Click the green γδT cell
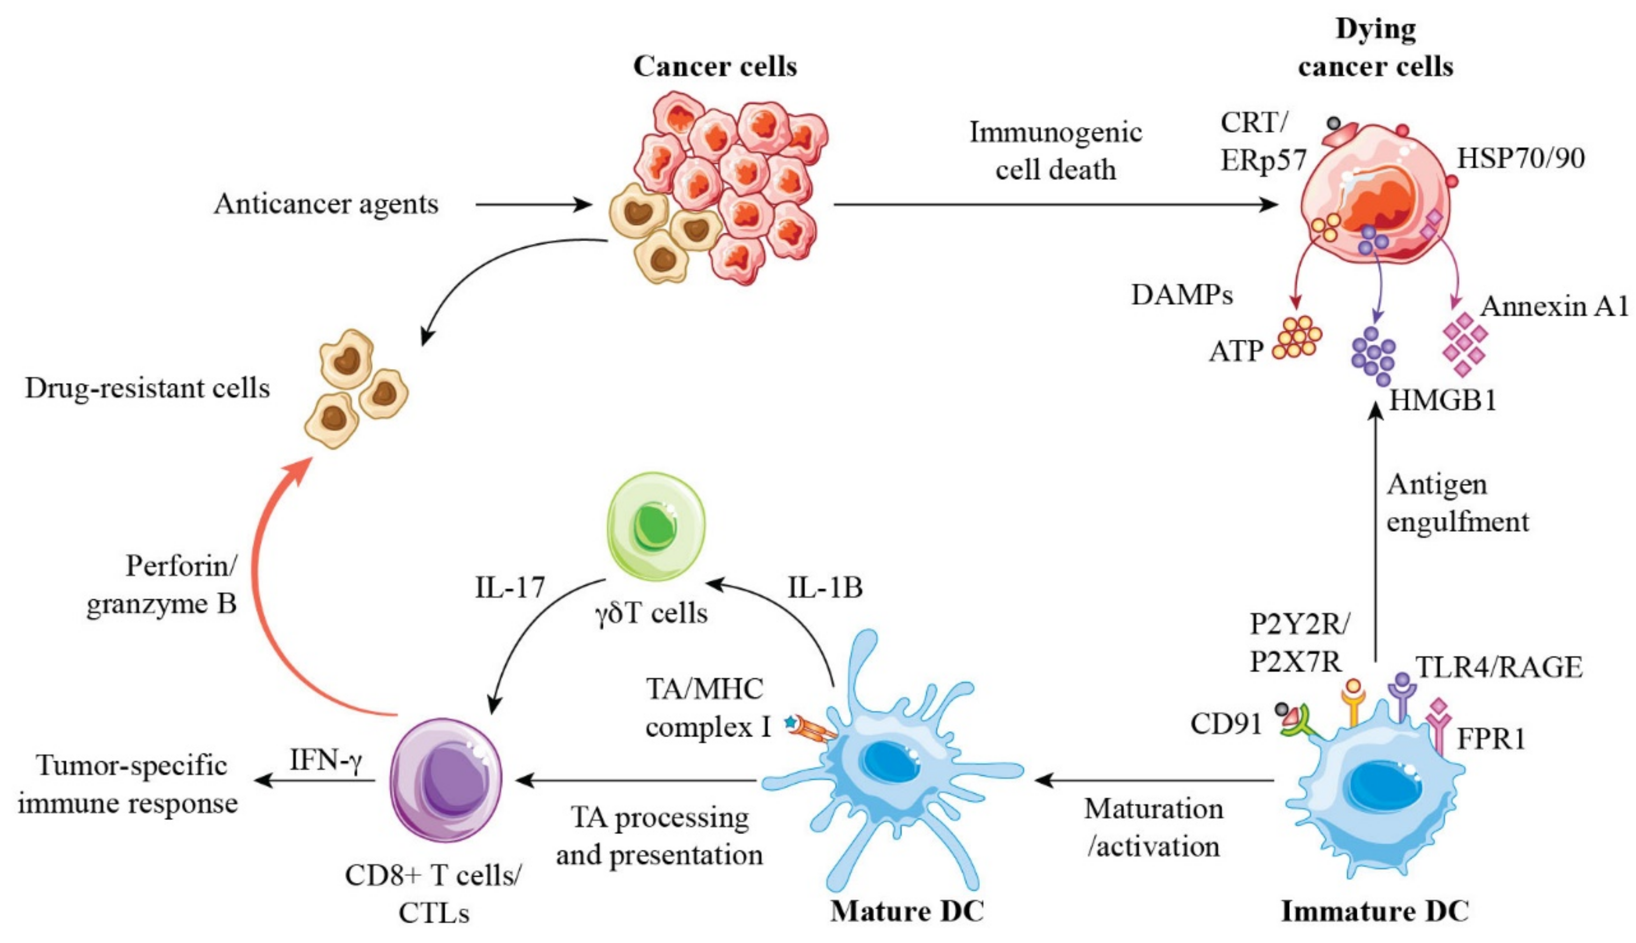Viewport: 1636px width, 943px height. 655,526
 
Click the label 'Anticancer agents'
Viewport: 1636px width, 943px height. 326,204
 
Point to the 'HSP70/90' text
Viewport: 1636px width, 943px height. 1520,158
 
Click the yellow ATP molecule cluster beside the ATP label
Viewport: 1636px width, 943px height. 1296,337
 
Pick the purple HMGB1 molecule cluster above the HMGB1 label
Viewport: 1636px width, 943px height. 1372,356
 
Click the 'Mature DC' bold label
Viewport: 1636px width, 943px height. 906,911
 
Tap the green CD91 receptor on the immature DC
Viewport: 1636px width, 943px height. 1299,725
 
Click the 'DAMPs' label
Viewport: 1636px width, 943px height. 1181,295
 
